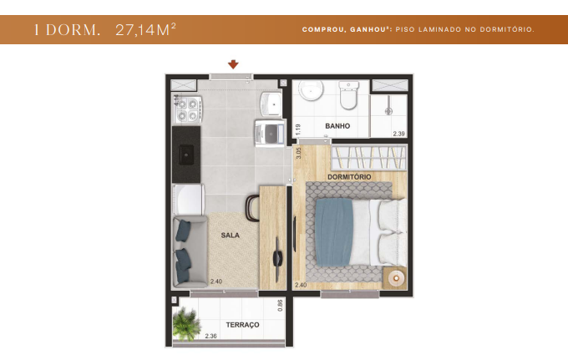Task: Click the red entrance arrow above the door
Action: (x=233, y=64)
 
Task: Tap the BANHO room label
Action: (x=337, y=127)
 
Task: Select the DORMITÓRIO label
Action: (x=349, y=177)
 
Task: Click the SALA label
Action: (x=230, y=236)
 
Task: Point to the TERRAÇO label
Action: (x=243, y=324)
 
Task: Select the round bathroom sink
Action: (x=311, y=91)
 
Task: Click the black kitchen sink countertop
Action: (x=186, y=153)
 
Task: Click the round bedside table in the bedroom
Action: (x=393, y=277)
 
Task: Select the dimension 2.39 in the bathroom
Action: (x=399, y=134)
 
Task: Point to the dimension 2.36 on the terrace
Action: (x=212, y=337)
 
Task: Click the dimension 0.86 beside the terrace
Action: (x=281, y=306)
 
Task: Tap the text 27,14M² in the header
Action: (x=145, y=30)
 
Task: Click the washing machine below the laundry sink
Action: (x=271, y=131)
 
